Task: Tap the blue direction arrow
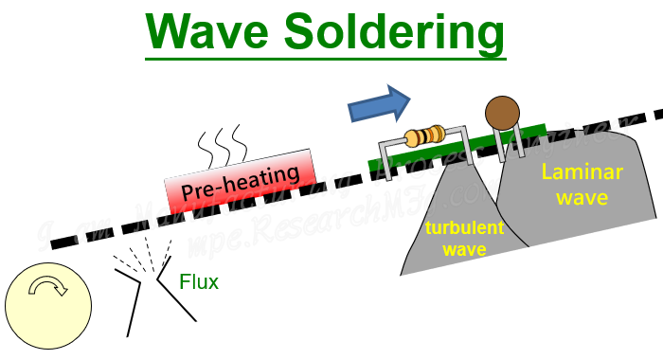pyautogui.click(x=380, y=103)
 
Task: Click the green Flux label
pyautogui.click(x=201, y=281)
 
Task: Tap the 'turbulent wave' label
pyautogui.click(x=456, y=238)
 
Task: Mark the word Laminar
pyautogui.click(x=576, y=172)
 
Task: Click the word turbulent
pyautogui.click(x=457, y=228)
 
